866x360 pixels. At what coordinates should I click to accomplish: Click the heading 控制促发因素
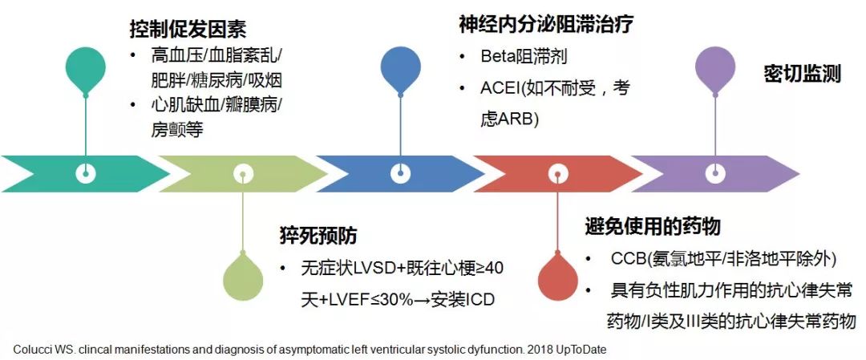point(188,30)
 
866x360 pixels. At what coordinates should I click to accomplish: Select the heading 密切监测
point(801,74)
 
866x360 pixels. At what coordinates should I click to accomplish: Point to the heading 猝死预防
point(318,236)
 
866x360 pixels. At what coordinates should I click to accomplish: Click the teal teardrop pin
point(86,69)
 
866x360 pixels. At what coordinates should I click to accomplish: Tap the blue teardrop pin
point(400,69)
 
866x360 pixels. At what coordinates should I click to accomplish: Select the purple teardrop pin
point(715,69)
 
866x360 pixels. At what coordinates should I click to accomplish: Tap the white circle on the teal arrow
point(86,172)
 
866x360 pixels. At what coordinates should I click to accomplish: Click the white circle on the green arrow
point(243,172)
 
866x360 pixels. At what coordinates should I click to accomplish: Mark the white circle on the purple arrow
point(715,172)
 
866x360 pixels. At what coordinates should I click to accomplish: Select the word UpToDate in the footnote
point(589,350)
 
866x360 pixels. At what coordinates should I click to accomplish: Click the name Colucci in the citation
point(31,350)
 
